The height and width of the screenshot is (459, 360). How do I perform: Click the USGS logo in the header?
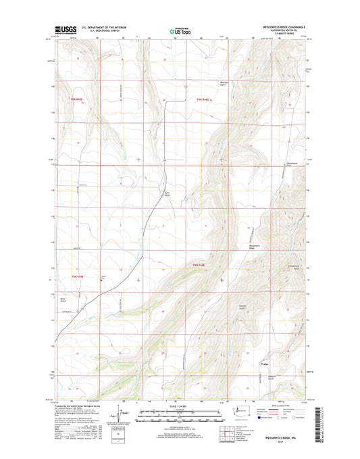pyautogui.click(x=63, y=31)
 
